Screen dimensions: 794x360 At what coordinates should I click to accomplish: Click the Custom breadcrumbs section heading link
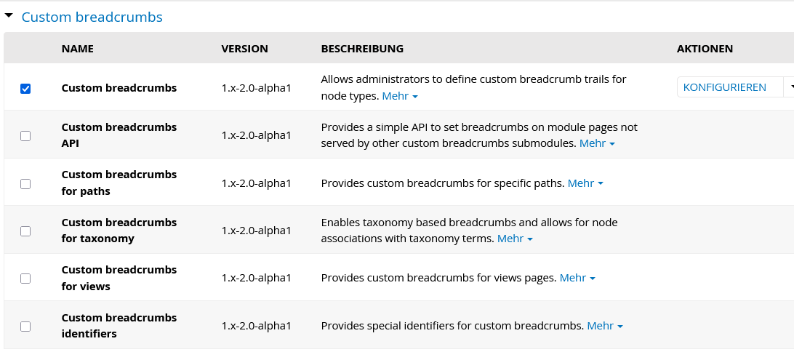pyautogui.click(x=92, y=17)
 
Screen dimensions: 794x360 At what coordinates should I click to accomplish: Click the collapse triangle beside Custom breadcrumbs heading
pyautogui.click(x=9, y=16)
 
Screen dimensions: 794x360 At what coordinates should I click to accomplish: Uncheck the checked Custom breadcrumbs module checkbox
pyautogui.click(x=25, y=89)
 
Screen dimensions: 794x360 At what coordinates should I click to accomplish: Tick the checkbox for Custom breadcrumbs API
pyautogui.click(x=25, y=136)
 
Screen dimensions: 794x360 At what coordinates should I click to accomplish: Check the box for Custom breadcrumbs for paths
pyautogui.click(x=25, y=184)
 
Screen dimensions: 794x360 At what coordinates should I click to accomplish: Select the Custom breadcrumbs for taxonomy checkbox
pyautogui.click(x=25, y=231)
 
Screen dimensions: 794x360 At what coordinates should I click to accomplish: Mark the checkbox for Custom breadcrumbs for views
pyautogui.click(x=25, y=279)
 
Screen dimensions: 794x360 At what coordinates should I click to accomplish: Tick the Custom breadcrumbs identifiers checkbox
pyautogui.click(x=25, y=327)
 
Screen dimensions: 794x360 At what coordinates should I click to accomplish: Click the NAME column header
pyautogui.click(x=78, y=49)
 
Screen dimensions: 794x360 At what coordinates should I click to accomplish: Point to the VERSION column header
pyautogui.click(x=244, y=49)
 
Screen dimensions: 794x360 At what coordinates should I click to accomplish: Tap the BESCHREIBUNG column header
pyautogui.click(x=362, y=49)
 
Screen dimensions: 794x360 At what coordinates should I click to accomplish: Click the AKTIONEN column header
pyautogui.click(x=705, y=49)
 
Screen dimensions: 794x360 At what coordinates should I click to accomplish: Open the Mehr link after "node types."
pyautogui.click(x=400, y=96)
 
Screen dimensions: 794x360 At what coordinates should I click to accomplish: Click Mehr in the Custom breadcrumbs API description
pyautogui.click(x=598, y=143)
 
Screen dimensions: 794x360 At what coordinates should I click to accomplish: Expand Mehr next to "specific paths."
pyautogui.click(x=586, y=183)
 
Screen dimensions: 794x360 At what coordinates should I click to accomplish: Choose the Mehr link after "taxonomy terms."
pyautogui.click(x=516, y=239)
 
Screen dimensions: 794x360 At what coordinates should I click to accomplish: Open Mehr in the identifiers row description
pyautogui.click(x=605, y=326)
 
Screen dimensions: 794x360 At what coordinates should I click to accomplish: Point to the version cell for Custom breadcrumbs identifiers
pyautogui.click(x=256, y=326)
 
